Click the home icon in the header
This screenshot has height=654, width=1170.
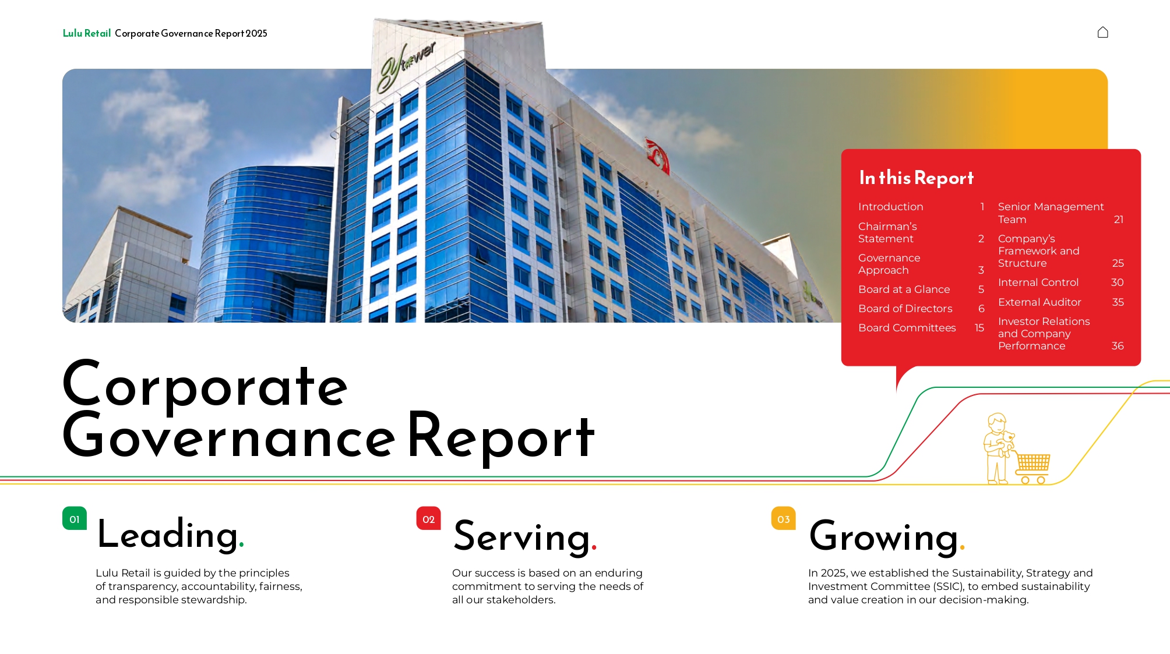coord(1102,33)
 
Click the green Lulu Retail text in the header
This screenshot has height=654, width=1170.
coord(87,33)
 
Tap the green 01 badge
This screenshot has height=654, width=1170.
coord(75,518)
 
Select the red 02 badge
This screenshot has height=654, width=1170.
coord(428,518)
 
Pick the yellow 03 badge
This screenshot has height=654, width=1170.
coord(783,518)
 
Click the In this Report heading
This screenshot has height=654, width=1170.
coord(916,178)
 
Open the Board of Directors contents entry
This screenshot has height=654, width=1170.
coord(905,309)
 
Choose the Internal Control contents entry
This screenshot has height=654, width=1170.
coord(1038,282)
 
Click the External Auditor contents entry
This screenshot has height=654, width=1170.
coord(1039,302)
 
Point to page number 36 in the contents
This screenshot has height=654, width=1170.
coord(1118,346)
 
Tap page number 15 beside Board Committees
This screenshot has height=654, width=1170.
coord(979,328)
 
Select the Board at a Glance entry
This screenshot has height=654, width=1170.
coord(904,289)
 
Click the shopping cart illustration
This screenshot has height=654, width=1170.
coord(1032,467)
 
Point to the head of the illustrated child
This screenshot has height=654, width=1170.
coord(997,422)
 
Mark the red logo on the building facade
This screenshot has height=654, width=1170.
coord(658,155)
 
